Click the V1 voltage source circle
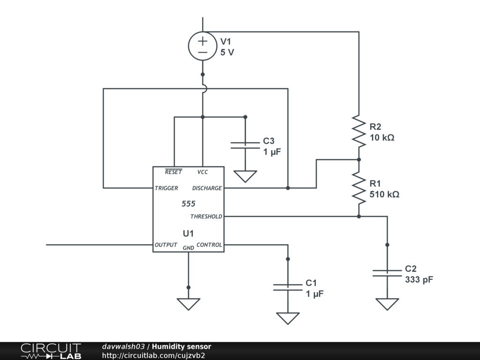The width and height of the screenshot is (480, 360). [202, 46]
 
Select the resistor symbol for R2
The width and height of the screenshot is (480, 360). [359, 131]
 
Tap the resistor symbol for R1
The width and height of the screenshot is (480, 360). [359, 187]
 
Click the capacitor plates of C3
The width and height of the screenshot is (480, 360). [245, 145]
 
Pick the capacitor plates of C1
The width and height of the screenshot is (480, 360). [288, 287]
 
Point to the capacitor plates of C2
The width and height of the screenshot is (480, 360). [387, 273]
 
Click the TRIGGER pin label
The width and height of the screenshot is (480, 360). [166, 188]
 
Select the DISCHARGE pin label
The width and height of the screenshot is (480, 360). [207, 188]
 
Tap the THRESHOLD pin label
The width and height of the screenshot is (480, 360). [206, 217]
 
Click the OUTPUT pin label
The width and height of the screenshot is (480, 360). [166, 245]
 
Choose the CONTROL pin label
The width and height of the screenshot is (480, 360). [209, 245]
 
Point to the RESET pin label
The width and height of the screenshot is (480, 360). [173, 172]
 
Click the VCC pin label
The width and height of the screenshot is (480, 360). [202, 172]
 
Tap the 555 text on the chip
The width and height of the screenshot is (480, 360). [188, 204]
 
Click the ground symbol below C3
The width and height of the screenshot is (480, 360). [245, 176]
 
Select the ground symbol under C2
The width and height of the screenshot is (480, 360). [387, 304]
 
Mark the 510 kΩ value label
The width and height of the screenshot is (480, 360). [384, 194]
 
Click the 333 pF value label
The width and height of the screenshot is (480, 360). [419, 280]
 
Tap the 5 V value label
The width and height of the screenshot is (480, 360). [227, 52]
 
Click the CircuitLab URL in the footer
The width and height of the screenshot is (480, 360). [153, 355]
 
